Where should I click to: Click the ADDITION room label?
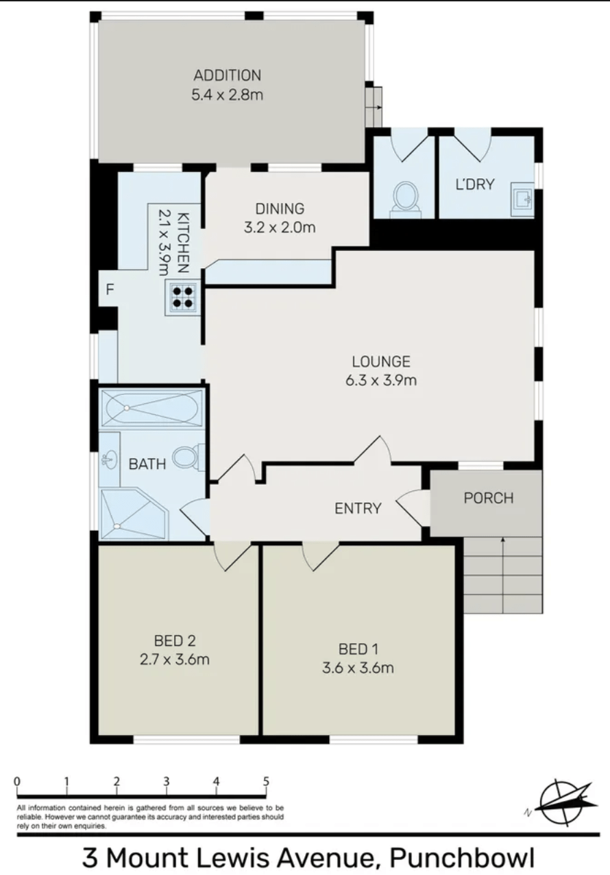click(x=228, y=75)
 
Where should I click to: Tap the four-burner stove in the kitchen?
click(x=183, y=297)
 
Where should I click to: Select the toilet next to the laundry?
click(x=405, y=200)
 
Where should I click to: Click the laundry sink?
click(x=522, y=200)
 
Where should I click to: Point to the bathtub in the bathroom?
click(x=152, y=408)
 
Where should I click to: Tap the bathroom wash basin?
click(x=109, y=459)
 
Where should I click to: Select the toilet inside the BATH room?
click(x=189, y=457)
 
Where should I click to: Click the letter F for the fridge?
click(x=110, y=289)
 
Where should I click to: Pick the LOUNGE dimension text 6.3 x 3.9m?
click(x=381, y=381)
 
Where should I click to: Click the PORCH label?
click(x=488, y=498)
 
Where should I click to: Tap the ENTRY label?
click(x=358, y=508)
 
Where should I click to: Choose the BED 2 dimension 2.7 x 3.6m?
click(x=175, y=660)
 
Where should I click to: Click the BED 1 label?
click(x=358, y=649)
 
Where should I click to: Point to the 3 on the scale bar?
click(x=167, y=781)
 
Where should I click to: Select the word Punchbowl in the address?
click(x=462, y=858)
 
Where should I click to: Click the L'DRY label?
click(x=475, y=184)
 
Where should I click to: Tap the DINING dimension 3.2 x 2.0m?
click(x=280, y=228)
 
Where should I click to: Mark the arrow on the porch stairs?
click(x=503, y=575)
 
